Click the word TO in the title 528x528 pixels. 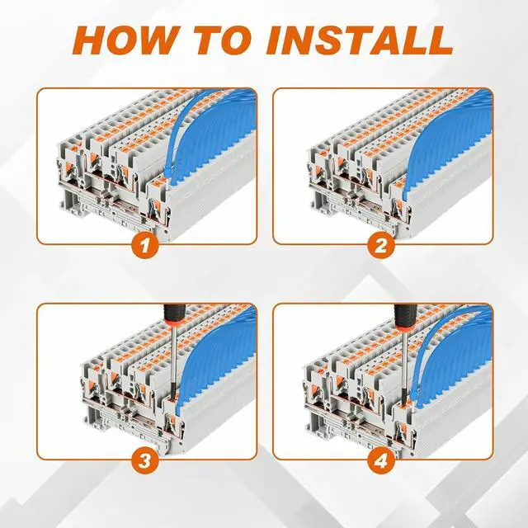coord(224,40)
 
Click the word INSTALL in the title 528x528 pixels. coord(360,40)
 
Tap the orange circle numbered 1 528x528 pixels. coord(145,245)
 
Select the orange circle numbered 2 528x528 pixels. coord(380,245)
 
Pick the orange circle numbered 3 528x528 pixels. coord(145,460)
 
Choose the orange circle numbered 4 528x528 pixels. coord(380,460)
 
